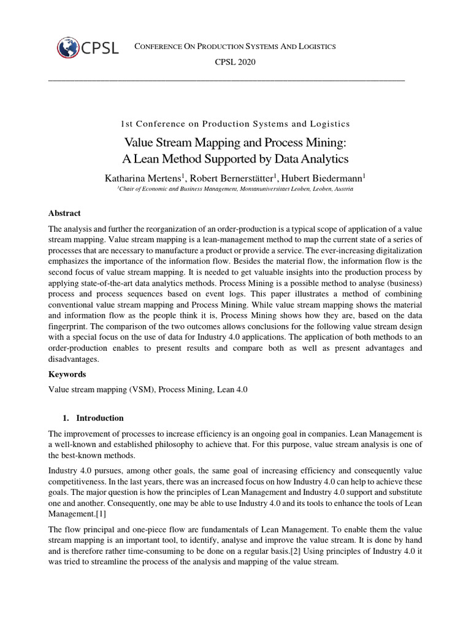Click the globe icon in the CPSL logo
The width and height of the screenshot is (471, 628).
(x=67, y=48)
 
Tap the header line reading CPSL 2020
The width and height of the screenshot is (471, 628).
(x=235, y=62)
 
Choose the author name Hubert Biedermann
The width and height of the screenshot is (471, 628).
(x=323, y=178)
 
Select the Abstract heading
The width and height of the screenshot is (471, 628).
(x=64, y=213)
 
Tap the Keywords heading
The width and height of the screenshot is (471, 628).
(x=67, y=374)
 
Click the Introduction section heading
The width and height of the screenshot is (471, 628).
(x=99, y=418)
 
